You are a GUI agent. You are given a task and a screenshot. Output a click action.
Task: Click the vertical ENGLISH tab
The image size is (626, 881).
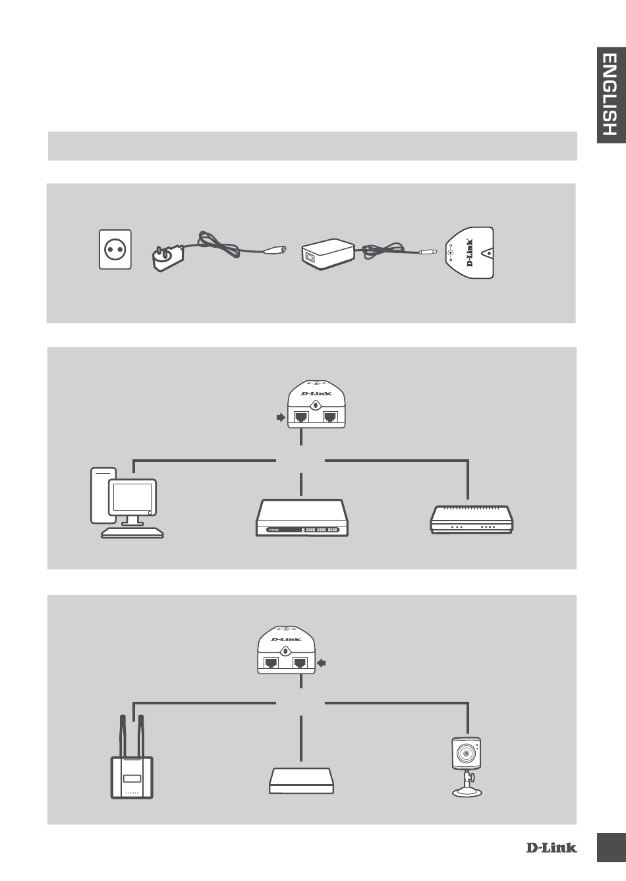(610, 104)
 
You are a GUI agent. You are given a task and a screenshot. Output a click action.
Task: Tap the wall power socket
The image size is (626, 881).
(115, 249)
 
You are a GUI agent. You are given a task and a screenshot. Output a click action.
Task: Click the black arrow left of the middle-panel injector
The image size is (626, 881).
(280, 417)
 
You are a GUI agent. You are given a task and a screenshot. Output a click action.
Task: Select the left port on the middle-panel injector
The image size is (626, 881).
(302, 417)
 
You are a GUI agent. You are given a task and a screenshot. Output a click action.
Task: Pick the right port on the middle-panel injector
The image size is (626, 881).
(331, 417)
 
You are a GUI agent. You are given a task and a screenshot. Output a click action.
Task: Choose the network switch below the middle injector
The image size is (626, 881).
(301, 519)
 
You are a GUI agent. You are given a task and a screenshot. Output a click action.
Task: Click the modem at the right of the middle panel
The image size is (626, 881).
(472, 519)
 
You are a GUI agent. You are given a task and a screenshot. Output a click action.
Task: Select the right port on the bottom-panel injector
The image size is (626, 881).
(301, 663)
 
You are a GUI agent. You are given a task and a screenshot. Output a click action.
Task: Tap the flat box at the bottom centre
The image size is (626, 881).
(301, 780)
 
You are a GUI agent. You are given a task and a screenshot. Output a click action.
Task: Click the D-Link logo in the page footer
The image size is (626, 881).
(551, 847)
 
